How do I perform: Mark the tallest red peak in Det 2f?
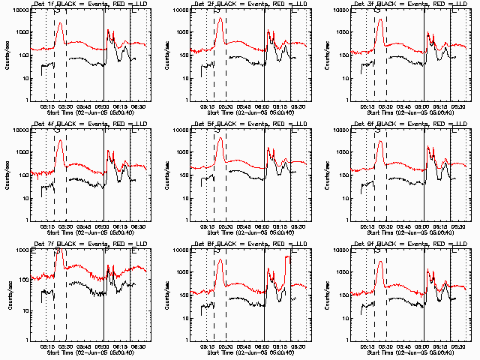tap(220, 19)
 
